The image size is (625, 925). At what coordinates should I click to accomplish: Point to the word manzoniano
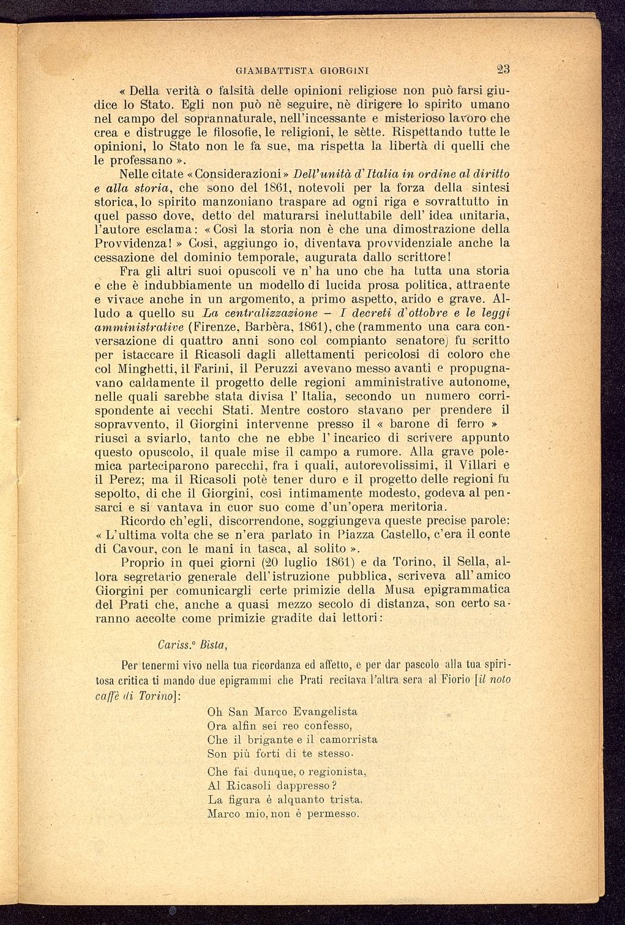coord(205,201)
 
